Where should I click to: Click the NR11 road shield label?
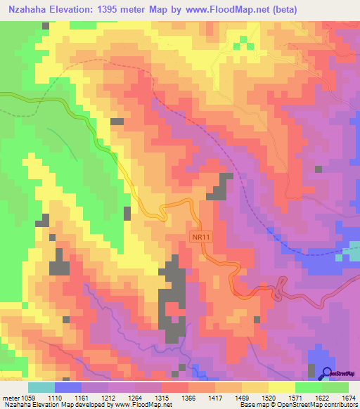pyautogui.click(x=202, y=238)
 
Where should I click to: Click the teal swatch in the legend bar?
pyautogui.click(x=41, y=387)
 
